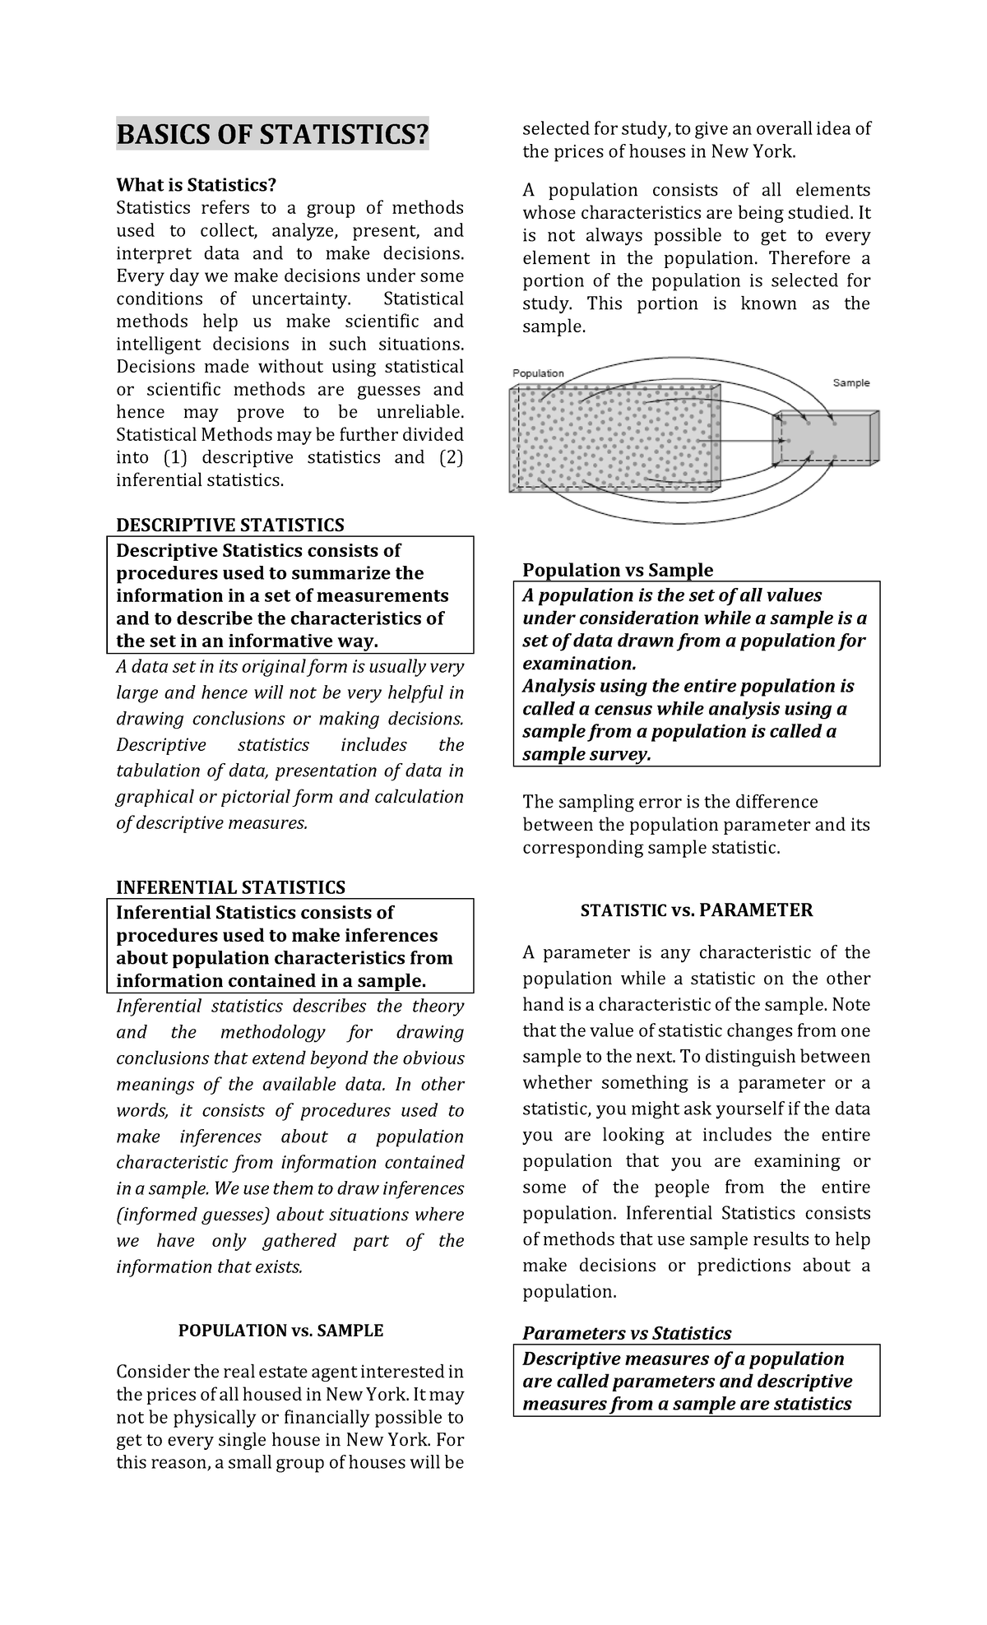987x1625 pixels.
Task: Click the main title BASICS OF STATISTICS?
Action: pyautogui.click(x=272, y=134)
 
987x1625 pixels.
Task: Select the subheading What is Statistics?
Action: pyautogui.click(x=196, y=185)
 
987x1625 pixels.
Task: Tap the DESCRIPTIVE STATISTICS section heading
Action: pyautogui.click(x=229, y=525)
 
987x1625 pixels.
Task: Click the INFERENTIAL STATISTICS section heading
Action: pyautogui.click(x=230, y=887)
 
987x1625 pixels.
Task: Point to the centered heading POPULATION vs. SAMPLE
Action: pyautogui.click(x=280, y=1330)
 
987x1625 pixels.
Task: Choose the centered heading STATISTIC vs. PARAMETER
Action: pyautogui.click(x=696, y=910)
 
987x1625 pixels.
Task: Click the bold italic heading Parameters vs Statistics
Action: pyautogui.click(x=627, y=1332)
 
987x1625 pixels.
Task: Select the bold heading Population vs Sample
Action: pyautogui.click(x=618, y=570)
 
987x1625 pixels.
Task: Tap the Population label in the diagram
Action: pyautogui.click(x=538, y=373)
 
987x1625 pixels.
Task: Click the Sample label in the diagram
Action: pyautogui.click(x=850, y=382)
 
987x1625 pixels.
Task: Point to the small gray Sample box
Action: pyautogui.click(x=822, y=440)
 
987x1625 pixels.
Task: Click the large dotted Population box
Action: pyautogui.click(x=613, y=440)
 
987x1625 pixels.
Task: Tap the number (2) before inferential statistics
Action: pyautogui.click(x=451, y=457)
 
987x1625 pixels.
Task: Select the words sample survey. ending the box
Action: pyautogui.click(x=586, y=755)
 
